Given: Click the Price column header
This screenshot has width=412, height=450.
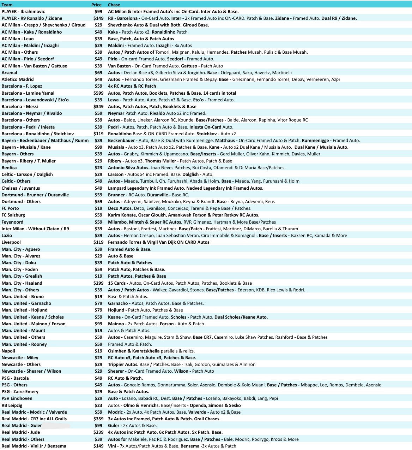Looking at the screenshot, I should click(x=96, y=5).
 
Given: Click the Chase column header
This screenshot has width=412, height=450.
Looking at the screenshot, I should click(x=114, y=5).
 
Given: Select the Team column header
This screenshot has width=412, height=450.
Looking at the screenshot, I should click(x=7, y=5).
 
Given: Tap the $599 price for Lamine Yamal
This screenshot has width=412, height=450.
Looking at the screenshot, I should click(x=98, y=93).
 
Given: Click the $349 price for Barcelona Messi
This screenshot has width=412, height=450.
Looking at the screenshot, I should click(x=98, y=106).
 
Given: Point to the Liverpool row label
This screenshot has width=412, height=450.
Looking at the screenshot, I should click(x=11, y=242).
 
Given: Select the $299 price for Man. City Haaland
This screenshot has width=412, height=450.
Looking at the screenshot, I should click(x=98, y=283).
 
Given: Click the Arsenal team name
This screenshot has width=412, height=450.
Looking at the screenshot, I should click(x=10, y=72).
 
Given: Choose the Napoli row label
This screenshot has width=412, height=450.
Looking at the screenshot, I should click(x=8, y=351).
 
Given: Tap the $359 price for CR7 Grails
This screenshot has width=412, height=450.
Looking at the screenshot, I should click(x=98, y=419).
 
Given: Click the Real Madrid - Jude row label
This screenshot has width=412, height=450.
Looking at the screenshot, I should click(x=21, y=432).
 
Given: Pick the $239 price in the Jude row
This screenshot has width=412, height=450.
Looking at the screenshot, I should click(x=98, y=432).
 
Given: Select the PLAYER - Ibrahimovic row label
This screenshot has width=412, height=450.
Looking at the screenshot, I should click(x=23, y=12).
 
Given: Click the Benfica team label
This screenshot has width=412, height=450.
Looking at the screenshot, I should click(x=9, y=167).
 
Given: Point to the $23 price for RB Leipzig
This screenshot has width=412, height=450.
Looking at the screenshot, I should click(x=98, y=405).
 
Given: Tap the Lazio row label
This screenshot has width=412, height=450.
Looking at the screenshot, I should click(x=7, y=235).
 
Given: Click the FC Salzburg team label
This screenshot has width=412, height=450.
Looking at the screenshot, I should click(x=13, y=215).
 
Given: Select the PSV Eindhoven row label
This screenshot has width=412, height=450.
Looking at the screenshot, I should click(x=17, y=398).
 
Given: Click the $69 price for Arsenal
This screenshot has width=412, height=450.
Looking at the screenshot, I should click(x=98, y=72).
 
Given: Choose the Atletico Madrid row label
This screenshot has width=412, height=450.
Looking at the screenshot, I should click(x=18, y=79).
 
